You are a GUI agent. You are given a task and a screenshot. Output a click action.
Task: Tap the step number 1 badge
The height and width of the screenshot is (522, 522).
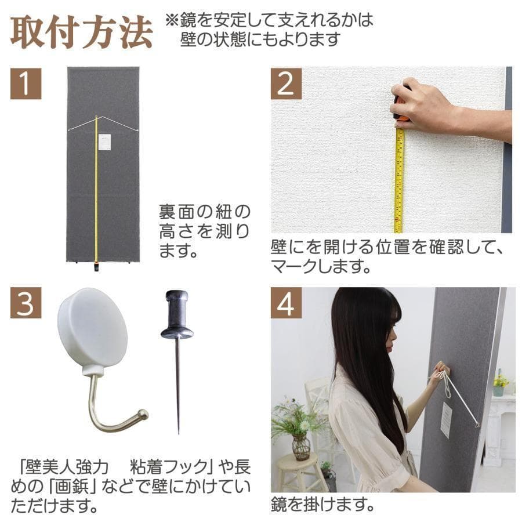coord(26,84)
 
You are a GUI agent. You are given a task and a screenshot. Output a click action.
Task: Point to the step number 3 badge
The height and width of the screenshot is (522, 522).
coord(26,303)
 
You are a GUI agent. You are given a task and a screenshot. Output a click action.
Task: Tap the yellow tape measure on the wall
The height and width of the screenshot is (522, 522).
coord(399,180)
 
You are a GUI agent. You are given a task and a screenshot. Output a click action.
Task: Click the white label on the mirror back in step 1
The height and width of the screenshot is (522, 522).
coord(104,142)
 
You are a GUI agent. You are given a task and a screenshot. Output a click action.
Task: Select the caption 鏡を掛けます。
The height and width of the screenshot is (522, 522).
coord(321,504)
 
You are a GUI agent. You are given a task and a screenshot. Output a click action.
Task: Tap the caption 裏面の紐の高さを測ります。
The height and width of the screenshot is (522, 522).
coord(205,231)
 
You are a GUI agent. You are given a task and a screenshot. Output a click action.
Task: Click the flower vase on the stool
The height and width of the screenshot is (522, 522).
coord(300,447)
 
